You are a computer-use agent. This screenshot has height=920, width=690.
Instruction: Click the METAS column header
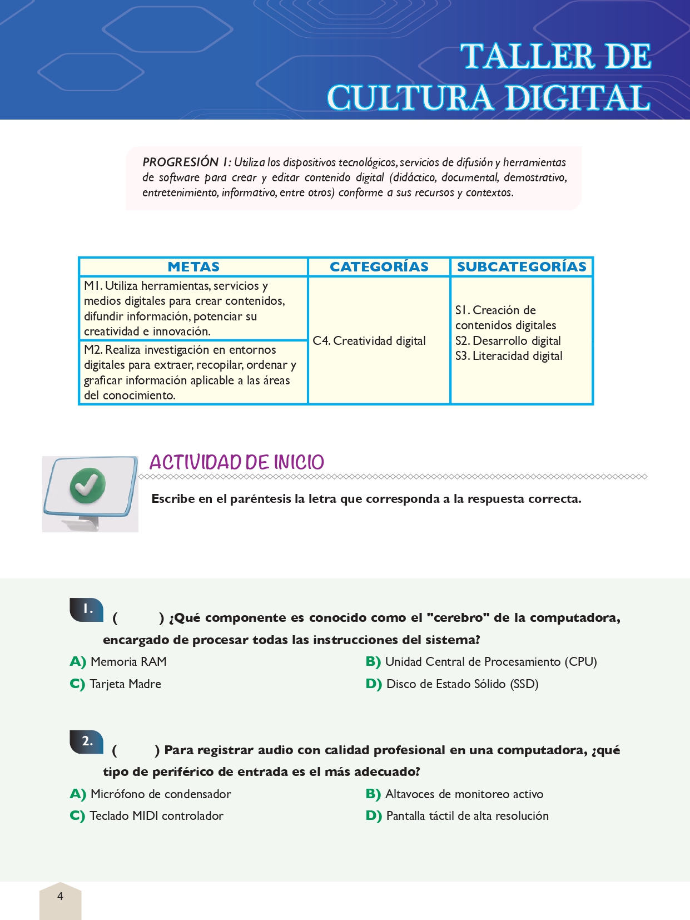click(193, 267)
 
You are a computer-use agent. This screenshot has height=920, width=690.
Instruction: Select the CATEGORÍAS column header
click(379, 267)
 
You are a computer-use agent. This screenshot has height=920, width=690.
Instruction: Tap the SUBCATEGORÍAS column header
click(522, 267)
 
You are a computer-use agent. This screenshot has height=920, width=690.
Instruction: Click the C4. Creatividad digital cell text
click(369, 341)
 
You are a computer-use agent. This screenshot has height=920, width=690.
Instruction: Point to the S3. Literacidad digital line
click(509, 356)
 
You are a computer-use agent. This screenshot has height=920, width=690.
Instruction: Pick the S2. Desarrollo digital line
click(508, 341)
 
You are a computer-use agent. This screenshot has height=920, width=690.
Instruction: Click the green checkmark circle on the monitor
click(87, 485)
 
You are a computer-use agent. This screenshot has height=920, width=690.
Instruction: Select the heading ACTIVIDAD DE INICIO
click(236, 462)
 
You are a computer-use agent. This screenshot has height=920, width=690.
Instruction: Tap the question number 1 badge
click(87, 609)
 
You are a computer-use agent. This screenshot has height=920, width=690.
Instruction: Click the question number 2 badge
click(87, 741)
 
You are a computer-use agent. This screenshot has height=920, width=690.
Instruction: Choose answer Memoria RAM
click(128, 662)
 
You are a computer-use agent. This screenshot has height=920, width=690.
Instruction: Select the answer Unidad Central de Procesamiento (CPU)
click(490, 662)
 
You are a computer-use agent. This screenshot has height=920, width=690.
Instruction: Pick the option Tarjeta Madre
click(125, 684)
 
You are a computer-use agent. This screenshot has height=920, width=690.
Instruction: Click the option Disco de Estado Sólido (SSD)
click(462, 684)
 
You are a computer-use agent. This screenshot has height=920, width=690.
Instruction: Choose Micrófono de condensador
click(161, 794)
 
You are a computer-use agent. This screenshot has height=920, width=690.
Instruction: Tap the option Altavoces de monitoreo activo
click(464, 794)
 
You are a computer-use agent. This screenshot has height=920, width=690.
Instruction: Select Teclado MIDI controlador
click(156, 816)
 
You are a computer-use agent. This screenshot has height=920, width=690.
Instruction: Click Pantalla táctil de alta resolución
click(467, 816)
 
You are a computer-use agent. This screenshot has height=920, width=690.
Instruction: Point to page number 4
click(60, 896)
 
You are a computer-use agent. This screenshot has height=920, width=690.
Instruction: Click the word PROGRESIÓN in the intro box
click(181, 162)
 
